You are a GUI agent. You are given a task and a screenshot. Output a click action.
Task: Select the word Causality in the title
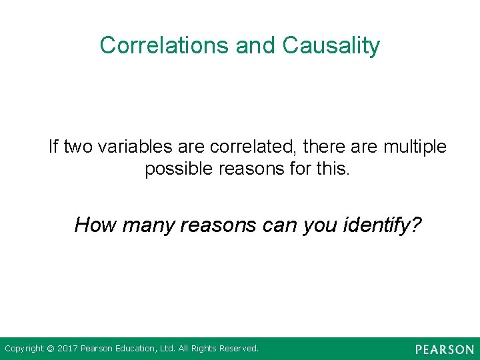(331, 45)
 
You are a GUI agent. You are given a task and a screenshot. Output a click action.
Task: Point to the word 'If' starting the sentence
(53, 146)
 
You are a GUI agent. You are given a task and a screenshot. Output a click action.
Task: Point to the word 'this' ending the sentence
(331, 169)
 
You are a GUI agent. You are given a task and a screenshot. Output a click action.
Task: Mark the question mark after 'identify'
(416, 225)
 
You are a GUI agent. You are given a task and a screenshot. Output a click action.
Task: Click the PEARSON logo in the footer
(444, 349)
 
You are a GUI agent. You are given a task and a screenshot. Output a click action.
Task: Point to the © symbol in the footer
(51, 349)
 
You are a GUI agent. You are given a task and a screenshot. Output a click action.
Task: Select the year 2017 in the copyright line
(67, 349)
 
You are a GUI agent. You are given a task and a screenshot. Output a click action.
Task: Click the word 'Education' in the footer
(137, 349)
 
